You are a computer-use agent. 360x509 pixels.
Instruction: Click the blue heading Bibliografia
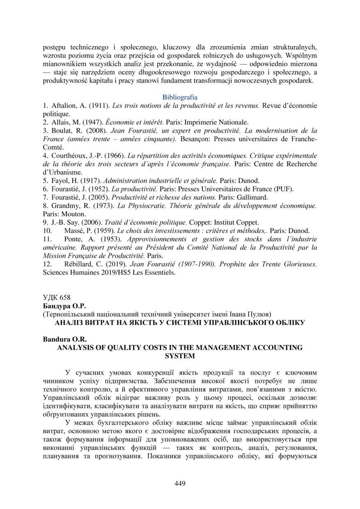180,98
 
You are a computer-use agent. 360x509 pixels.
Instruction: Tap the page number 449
180,484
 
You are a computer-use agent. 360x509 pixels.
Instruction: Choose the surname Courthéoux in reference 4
71,156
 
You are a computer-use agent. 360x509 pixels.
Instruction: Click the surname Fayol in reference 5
60,181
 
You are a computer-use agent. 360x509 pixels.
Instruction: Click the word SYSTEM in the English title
179,356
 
